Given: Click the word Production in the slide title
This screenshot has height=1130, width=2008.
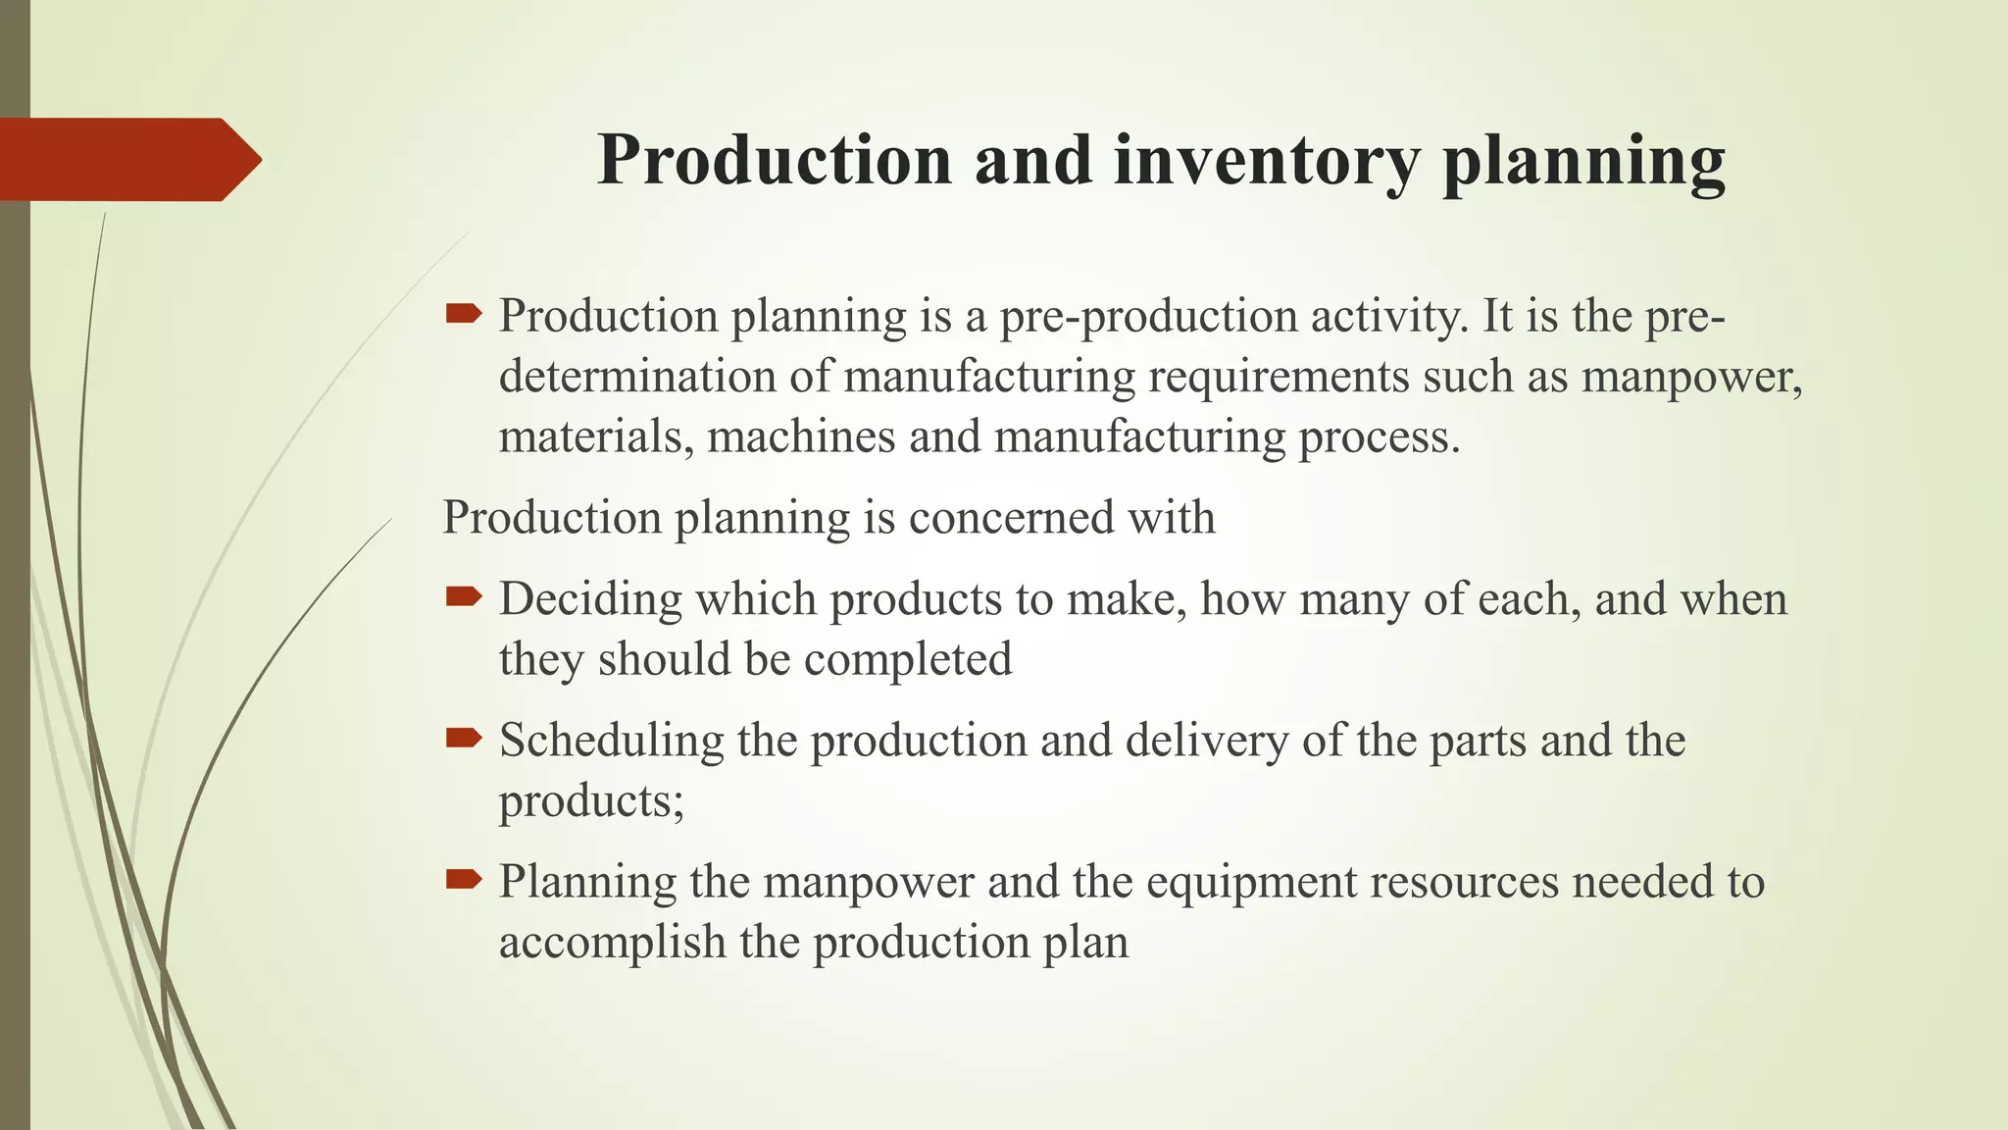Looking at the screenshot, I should [775, 160].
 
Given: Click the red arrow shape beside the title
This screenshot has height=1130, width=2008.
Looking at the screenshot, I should [127, 160].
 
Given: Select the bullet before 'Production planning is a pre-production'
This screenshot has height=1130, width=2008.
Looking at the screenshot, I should [463, 314].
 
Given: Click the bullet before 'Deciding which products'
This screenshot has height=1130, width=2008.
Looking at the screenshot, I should [463, 596].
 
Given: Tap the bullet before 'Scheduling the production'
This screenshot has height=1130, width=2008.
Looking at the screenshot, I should [463, 738].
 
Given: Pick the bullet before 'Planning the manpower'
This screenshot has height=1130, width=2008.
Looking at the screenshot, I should [463, 879].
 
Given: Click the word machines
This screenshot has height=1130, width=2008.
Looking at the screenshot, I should [801, 437].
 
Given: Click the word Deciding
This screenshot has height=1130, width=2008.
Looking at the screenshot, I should [589, 599].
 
